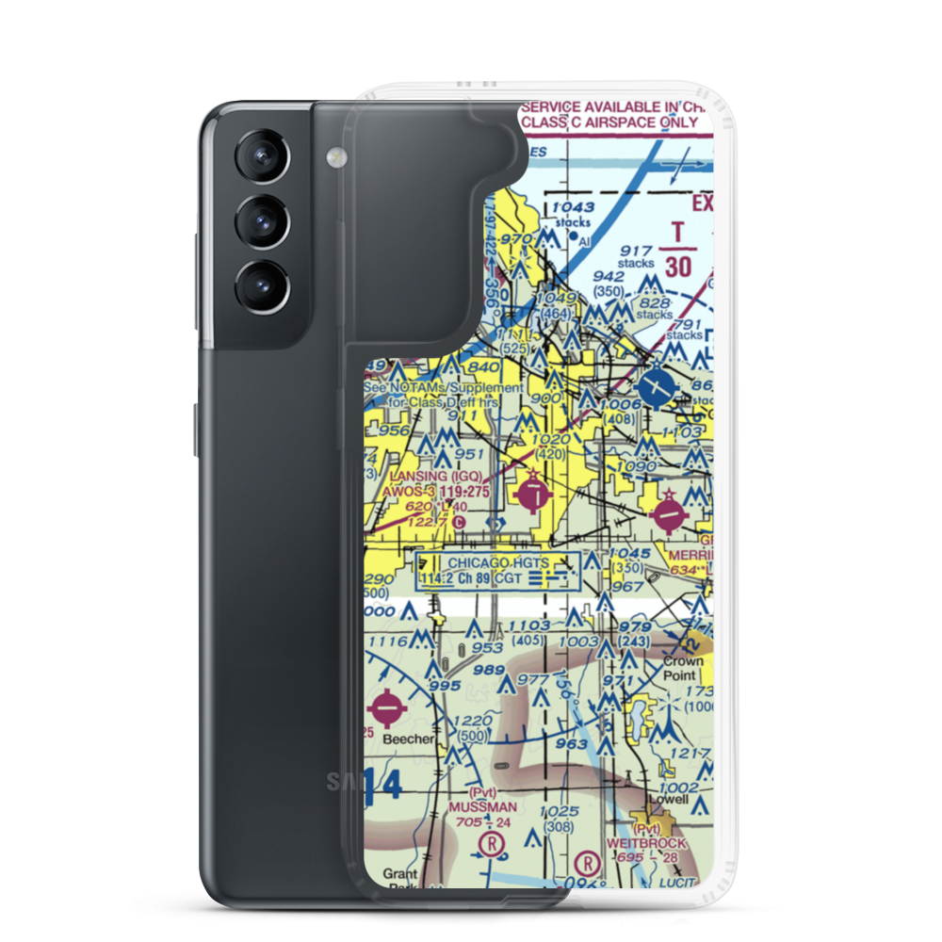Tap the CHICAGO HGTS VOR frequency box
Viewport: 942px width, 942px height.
click(x=497, y=571)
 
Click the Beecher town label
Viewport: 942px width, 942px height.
click(x=408, y=739)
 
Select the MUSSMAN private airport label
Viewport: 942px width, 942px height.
click(x=481, y=807)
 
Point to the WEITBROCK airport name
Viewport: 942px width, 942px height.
click(x=646, y=843)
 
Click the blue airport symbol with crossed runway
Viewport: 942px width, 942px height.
click(x=657, y=385)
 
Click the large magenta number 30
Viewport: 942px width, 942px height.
click(x=676, y=267)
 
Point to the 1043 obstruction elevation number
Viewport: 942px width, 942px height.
click(x=573, y=208)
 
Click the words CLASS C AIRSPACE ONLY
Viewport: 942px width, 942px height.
click(x=611, y=122)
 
